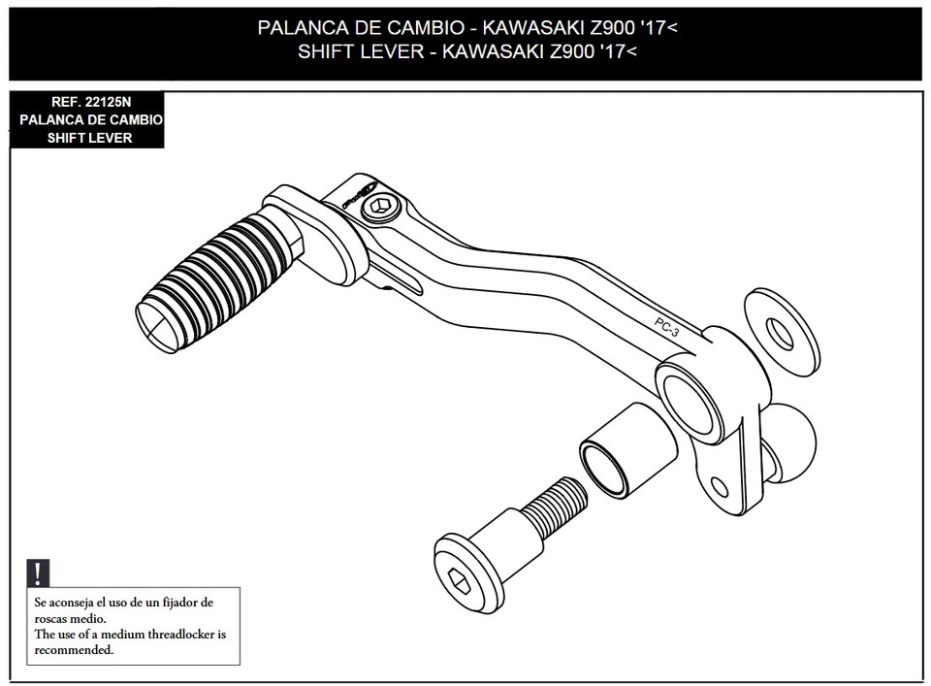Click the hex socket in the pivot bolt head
460,579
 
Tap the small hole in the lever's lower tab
720,486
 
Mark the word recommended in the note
73,649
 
